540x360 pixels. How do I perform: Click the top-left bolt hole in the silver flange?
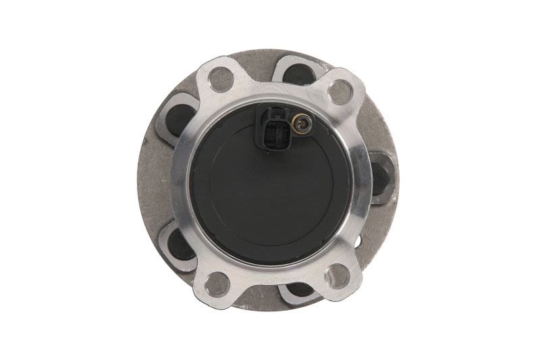pos(220,79)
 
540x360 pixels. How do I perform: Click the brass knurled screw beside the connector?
pos(302,123)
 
